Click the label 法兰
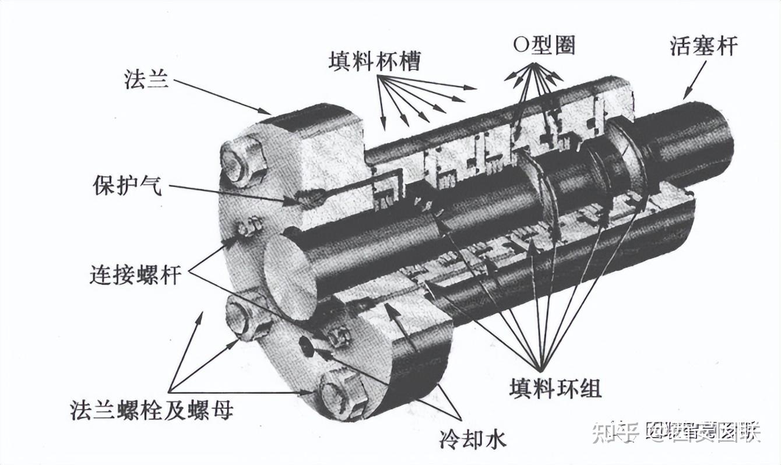coord(146,79)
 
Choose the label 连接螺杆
coord(135,274)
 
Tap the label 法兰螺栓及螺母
coord(151,410)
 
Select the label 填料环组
coord(555,388)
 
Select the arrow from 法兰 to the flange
coord(221,96)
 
